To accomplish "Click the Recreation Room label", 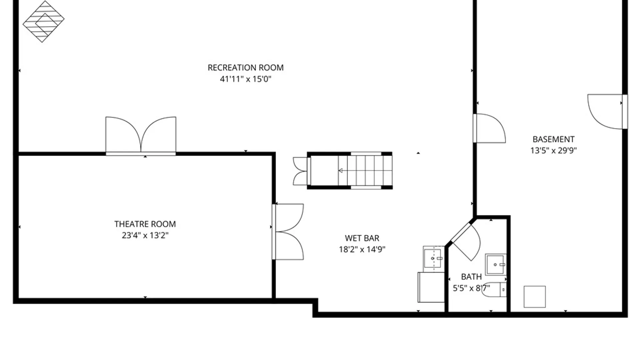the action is point(246,68).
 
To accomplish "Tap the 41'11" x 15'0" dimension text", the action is point(246,79).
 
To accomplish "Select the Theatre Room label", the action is point(145,224).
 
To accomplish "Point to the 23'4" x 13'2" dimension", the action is point(145,235).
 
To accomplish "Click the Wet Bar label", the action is point(362,238).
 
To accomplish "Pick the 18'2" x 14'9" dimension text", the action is point(362,249).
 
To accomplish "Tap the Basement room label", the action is point(553,139).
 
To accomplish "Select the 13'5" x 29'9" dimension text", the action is point(553,150).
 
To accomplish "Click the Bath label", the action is point(471,277).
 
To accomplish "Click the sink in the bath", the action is point(496,264).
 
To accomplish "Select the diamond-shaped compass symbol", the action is point(43,21).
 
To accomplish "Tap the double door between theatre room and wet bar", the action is point(288,232).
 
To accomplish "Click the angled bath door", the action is point(466,242).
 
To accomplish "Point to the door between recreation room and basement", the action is point(489,128).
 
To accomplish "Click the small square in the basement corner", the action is point(535,297).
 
